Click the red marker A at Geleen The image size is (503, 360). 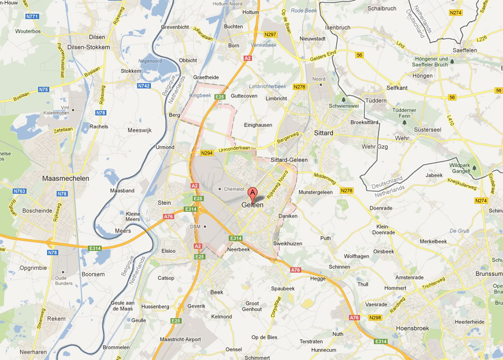[253, 193]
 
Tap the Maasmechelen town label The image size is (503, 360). [66, 178]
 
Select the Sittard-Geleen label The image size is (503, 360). [289, 159]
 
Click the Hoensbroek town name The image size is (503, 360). [413, 328]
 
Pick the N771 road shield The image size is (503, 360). [33, 16]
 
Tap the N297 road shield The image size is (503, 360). [271, 34]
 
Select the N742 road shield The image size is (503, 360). [144, 86]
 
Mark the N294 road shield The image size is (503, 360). [207, 154]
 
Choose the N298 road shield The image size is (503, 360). [375, 318]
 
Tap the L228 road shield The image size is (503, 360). [481, 39]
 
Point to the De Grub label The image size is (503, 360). [459, 230]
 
